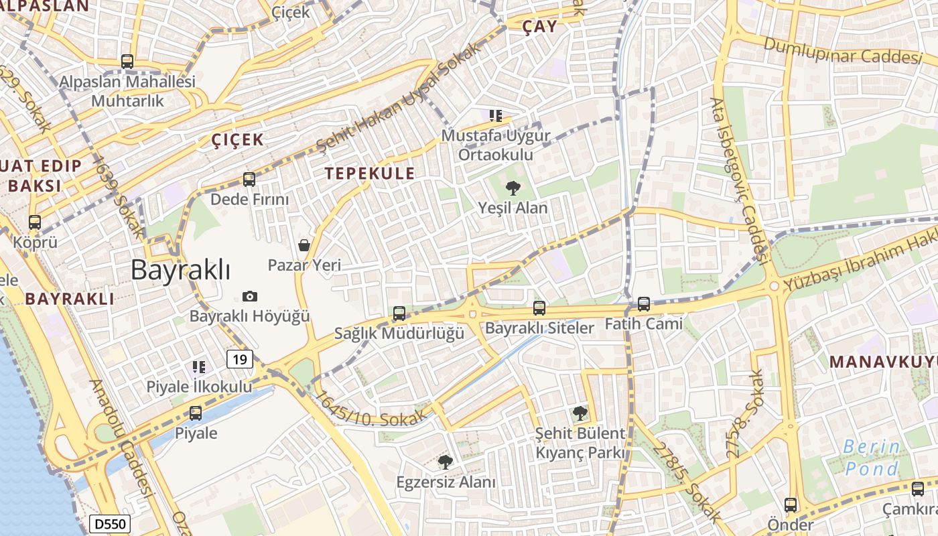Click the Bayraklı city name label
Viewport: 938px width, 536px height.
180,270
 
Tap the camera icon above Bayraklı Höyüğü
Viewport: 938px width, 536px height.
250,296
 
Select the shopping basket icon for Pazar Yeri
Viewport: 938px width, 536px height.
304,245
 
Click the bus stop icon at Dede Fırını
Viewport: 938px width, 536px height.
249,180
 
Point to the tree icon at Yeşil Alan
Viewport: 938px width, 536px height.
513,188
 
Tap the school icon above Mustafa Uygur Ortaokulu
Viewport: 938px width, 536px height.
496,116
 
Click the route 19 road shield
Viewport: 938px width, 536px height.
240,360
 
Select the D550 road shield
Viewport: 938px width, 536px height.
110,523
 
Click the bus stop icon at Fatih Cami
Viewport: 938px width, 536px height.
644,304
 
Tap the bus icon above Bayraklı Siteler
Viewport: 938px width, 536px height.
539,308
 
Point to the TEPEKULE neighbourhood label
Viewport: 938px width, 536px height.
370,174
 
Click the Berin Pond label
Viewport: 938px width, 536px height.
871,457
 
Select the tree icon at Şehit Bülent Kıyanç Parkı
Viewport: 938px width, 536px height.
580,413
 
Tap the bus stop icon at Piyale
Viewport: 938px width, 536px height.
196,413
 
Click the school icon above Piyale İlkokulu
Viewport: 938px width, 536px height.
199,366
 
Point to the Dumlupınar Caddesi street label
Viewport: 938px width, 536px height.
842,51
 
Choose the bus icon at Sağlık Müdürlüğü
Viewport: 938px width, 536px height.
399,314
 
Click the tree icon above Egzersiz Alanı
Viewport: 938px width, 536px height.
445,462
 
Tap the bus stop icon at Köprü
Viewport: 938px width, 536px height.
35,222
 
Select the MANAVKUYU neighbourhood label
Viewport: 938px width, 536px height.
882,362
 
